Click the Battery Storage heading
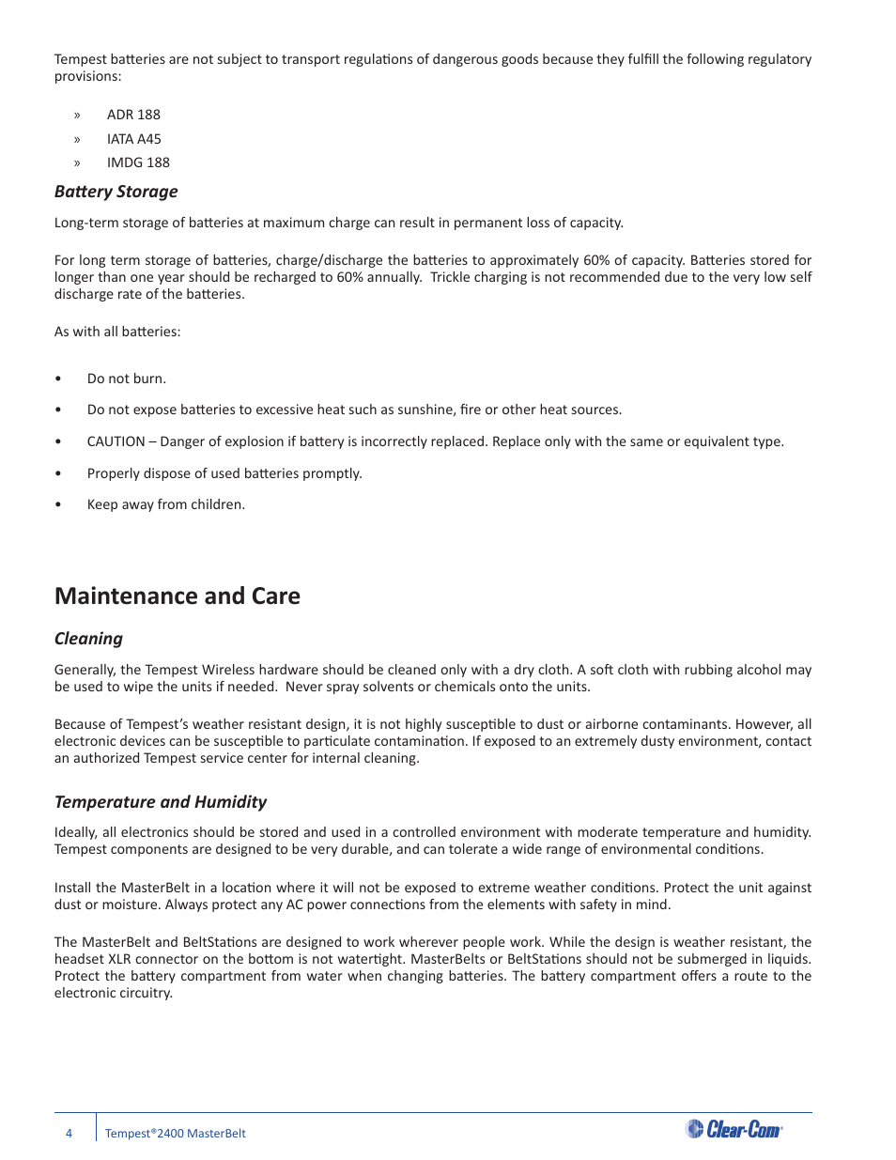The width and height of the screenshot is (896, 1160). point(116,192)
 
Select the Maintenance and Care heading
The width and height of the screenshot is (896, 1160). point(178,596)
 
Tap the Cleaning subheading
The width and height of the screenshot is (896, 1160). point(88,639)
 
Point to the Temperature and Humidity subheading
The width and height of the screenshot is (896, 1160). point(161,802)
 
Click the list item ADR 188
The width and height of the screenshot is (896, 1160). point(133,115)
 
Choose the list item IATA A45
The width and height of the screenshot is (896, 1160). point(134,139)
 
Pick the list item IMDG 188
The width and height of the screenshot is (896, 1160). point(138,162)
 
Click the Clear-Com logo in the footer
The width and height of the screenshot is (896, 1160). point(734,1129)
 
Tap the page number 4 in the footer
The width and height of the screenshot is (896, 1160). point(69,1134)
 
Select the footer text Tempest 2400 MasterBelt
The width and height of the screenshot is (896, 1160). point(176,1134)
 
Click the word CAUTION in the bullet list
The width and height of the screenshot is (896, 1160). point(116,441)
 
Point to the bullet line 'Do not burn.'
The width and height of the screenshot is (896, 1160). point(127,379)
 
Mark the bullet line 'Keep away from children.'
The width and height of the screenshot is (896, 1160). point(166,504)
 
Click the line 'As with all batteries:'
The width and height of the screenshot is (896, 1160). point(117,332)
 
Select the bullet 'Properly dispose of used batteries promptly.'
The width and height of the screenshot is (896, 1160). point(224,473)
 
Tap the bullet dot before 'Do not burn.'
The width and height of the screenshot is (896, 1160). point(58,379)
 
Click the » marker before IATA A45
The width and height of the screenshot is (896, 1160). point(77,139)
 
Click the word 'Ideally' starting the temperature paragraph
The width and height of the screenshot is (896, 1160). point(75,832)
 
